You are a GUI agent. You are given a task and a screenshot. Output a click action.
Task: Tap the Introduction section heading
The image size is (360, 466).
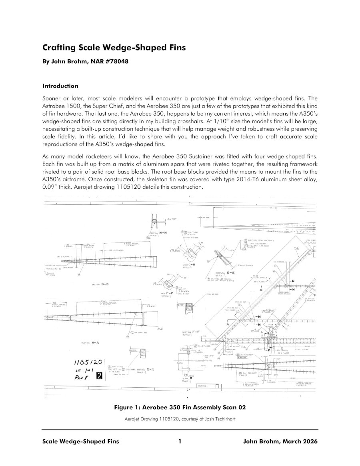pyautogui.click(x=60, y=86)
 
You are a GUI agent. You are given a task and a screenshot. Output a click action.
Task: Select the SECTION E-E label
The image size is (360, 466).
pyautogui.click(x=224, y=272)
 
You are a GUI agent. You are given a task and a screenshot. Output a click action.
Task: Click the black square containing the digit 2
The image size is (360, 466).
pyautogui.click(x=100, y=376)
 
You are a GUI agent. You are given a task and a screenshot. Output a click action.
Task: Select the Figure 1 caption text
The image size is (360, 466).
pyautogui.click(x=180, y=408)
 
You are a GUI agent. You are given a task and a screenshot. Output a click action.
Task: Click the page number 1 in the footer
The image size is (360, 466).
pyautogui.click(x=180, y=442)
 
